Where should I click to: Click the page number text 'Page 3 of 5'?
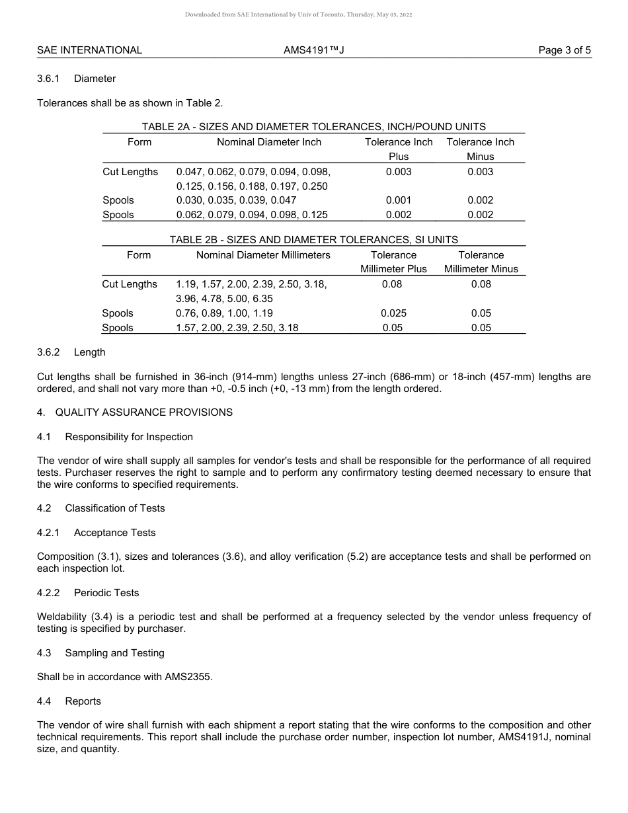[565, 50]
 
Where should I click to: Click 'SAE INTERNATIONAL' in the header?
[89, 50]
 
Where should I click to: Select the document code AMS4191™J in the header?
[313, 50]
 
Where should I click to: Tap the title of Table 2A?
[313, 127]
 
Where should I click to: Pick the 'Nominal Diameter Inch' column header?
[269, 142]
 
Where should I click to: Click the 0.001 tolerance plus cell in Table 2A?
[399, 200]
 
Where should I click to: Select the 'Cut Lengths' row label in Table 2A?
[130, 172]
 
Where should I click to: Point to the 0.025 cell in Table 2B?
[393, 313]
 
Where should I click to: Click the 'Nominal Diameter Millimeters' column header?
[263, 255]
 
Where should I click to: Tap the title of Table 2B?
[313, 240]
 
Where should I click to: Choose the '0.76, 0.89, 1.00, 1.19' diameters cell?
[224, 313]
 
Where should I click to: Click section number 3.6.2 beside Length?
[48, 352]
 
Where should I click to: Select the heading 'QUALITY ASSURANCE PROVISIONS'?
[143, 412]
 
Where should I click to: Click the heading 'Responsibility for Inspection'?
[129, 437]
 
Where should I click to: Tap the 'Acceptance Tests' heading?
[114, 533]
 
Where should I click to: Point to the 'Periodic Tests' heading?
[106, 593]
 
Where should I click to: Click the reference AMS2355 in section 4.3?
[186, 677]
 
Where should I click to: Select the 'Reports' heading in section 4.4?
[83, 701]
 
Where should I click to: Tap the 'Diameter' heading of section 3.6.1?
[95, 79]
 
